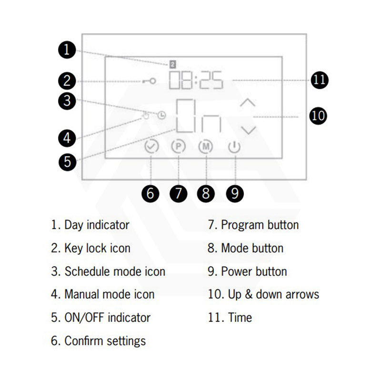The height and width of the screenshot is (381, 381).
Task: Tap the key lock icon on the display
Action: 148,81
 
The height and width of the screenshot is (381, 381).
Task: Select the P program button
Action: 178,147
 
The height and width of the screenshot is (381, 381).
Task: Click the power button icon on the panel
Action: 234,147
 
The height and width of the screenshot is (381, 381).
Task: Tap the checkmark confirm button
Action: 151,147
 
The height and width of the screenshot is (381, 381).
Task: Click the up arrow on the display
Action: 248,102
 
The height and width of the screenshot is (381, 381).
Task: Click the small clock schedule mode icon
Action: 163,115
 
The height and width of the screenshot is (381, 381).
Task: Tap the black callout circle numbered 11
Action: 320,80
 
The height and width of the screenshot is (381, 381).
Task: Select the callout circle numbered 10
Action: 318,115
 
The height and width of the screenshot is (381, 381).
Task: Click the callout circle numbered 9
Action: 234,193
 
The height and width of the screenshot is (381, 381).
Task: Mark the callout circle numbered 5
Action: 68,161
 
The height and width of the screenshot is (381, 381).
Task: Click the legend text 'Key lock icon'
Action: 97,248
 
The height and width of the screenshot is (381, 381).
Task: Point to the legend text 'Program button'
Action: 260,225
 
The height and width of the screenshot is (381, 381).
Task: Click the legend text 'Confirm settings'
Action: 105,341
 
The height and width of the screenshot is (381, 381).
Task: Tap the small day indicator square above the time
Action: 173,63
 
